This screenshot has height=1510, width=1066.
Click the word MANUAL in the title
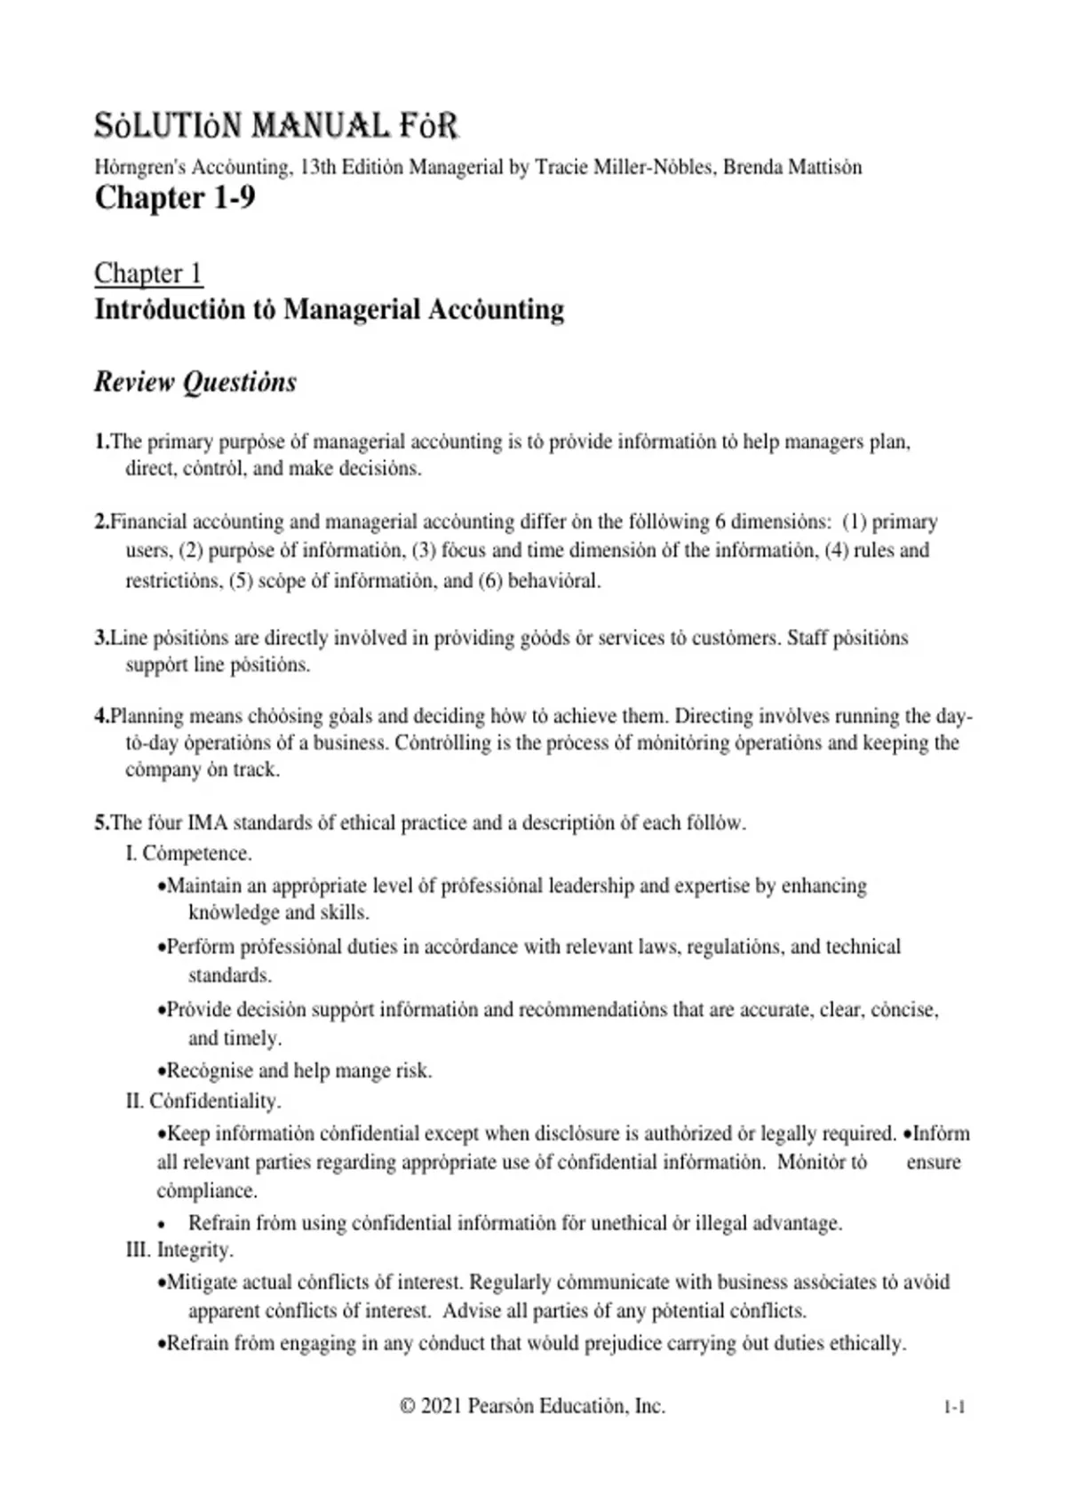pyautogui.click(x=321, y=126)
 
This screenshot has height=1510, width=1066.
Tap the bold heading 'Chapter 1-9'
pyautogui.click(x=174, y=197)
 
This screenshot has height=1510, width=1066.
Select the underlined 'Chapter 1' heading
pyautogui.click(x=148, y=273)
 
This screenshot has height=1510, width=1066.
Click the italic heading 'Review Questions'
pyautogui.click(x=195, y=382)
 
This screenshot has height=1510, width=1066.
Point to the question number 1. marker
pyautogui.click(x=102, y=441)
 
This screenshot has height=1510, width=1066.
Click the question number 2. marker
pyautogui.click(x=102, y=521)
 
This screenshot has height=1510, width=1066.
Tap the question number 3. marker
pyautogui.click(x=102, y=638)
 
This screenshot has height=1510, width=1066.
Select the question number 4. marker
pyautogui.click(x=102, y=716)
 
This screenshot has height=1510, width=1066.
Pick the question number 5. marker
pyautogui.click(x=102, y=823)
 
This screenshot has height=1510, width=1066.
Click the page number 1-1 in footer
pyautogui.click(x=954, y=1407)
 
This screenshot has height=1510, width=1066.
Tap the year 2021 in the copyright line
pyautogui.click(x=441, y=1406)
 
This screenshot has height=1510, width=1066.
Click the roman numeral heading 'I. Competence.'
pyautogui.click(x=188, y=854)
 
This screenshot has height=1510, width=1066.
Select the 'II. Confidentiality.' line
pyautogui.click(x=203, y=1101)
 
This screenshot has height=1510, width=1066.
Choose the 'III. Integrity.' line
pyautogui.click(x=179, y=1250)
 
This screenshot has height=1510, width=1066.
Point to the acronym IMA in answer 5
pyautogui.click(x=208, y=823)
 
